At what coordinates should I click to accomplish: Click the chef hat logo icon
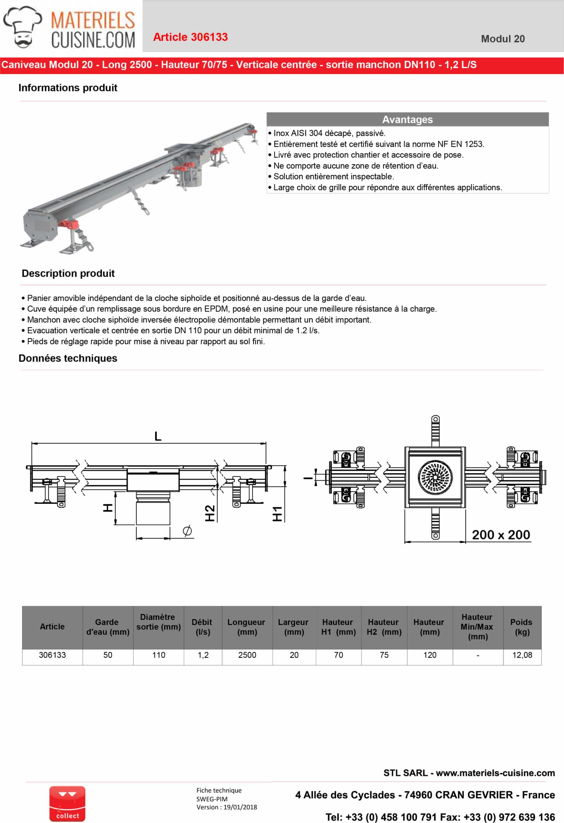[22, 27]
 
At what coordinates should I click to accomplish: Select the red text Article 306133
[190, 37]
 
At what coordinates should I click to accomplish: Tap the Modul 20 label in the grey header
[502, 39]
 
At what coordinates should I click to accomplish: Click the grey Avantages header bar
[407, 119]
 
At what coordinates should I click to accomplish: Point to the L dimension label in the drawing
[158, 436]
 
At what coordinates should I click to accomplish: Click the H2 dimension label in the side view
[210, 513]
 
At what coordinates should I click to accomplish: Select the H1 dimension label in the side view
[277, 514]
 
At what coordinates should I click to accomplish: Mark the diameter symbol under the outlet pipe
[187, 530]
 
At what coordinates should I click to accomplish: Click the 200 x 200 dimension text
[501, 535]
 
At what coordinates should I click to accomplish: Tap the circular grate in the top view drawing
[435, 477]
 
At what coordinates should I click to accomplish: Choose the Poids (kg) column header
[522, 627]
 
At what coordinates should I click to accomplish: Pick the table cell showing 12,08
[522, 655]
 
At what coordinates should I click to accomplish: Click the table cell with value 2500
[247, 655]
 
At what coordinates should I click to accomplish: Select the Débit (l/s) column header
[202, 627]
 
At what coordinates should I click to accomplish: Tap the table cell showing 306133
[52, 655]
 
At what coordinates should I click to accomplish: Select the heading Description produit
[68, 273]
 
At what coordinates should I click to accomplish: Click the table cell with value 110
[159, 655]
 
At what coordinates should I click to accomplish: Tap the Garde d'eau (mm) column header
[108, 627]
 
